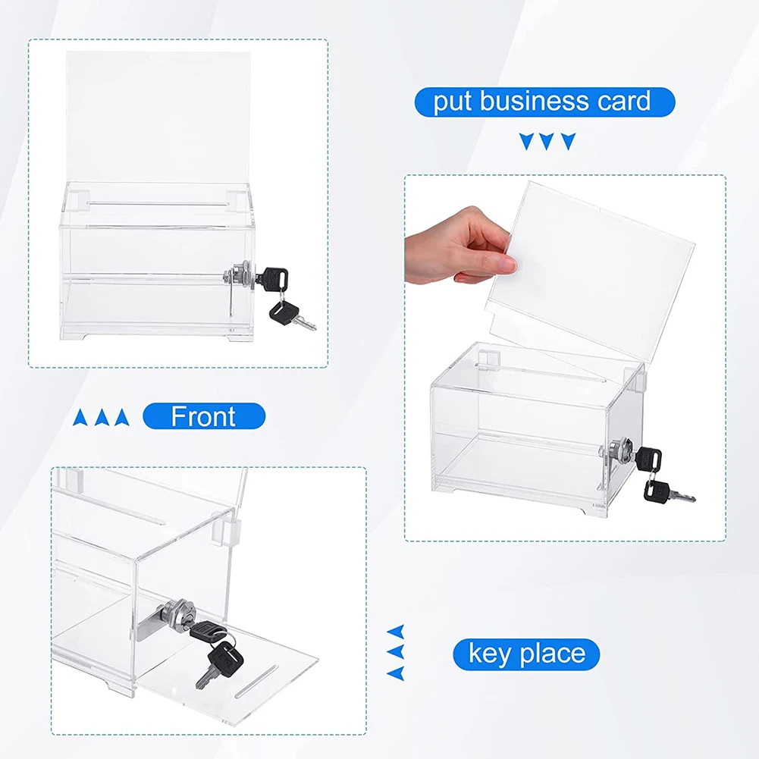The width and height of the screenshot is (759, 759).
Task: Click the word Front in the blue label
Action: pos(202,416)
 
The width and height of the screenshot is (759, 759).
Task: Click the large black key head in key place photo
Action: pos(224,657)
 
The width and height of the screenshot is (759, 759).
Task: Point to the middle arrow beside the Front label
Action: pos(101,417)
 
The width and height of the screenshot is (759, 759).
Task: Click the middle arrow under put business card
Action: pos(547,141)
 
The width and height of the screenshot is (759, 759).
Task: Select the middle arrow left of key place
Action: pos(396,651)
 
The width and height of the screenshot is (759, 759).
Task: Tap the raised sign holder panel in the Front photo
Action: pos(158,117)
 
